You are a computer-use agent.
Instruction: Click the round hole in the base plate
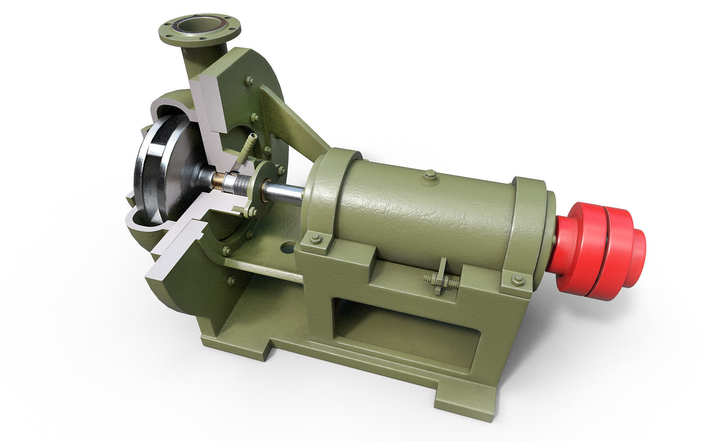pos(288,248)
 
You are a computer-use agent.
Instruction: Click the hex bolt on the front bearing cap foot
pos(316,239)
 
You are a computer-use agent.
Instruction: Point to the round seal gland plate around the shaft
pos(263,184)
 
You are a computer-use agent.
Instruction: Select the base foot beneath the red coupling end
pos(466,397)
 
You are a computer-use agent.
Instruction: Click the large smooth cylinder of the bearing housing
pos(422,213)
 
